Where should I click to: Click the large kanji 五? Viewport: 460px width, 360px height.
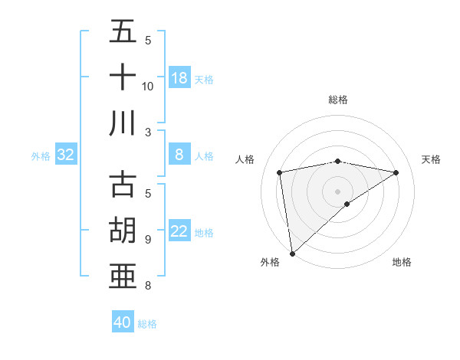pyautogui.click(x=123, y=33)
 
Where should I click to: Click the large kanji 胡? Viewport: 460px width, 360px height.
pyautogui.click(x=123, y=231)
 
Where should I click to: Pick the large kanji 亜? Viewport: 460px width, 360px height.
pyautogui.click(x=123, y=275)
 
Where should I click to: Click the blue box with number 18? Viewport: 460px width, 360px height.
pyautogui.click(x=179, y=78)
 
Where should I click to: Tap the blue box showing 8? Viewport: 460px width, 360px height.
pyautogui.click(x=179, y=155)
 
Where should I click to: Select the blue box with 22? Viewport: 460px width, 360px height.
pyautogui.click(x=179, y=232)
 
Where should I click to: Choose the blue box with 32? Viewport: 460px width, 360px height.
pyautogui.click(x=66, y=155)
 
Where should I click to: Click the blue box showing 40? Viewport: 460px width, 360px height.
pyautogui.click(x=123, y=322)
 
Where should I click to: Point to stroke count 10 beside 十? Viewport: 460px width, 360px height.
pyautogui.click(x=148, y=86)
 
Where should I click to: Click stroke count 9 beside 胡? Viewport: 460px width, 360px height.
pyautogui.click(x=147, y=240)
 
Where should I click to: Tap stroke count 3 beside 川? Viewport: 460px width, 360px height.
pyautogui.click(x=147, y=132)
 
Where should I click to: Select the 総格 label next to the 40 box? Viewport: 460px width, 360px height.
pyautogui.click(x=148, y=324)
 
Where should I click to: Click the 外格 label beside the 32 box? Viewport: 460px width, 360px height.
pyautogui.click(x=41, y=156)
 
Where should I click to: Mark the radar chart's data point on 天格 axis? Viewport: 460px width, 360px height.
pyautogui.click(x=396, y=173)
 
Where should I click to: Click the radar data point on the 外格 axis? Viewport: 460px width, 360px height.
pyautogui.click(x=292, y=254)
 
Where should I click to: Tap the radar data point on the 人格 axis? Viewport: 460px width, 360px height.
pyautogui.click(x=280, y=172)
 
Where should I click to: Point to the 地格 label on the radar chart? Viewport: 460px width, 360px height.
pyautogui.click(x=402, y=262)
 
